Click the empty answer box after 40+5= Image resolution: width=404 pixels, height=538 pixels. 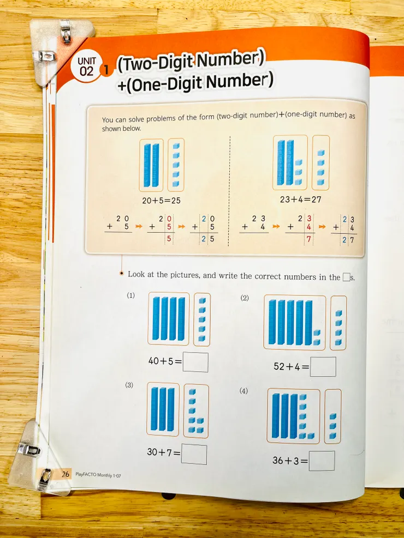195,362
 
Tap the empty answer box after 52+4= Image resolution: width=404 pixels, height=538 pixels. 323,367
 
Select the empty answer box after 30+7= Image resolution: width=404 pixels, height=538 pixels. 194,454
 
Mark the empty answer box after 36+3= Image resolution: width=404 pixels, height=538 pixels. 322,461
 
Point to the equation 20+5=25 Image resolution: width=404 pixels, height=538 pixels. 161,201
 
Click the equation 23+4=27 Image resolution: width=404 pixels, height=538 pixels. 301,199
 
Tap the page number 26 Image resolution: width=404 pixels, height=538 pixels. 66,474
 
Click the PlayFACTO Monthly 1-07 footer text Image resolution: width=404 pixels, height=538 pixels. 98,475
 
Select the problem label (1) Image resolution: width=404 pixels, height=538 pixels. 130,295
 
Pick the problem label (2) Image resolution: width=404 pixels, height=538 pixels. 244,298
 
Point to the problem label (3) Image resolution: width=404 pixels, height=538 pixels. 129,385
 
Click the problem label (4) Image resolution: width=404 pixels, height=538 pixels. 243,391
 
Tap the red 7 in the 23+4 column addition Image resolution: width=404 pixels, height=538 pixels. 308,239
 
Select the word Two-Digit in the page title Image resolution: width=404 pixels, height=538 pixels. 156,63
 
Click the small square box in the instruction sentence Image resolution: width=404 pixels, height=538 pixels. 346,277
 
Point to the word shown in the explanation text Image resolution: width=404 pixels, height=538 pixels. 112,129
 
